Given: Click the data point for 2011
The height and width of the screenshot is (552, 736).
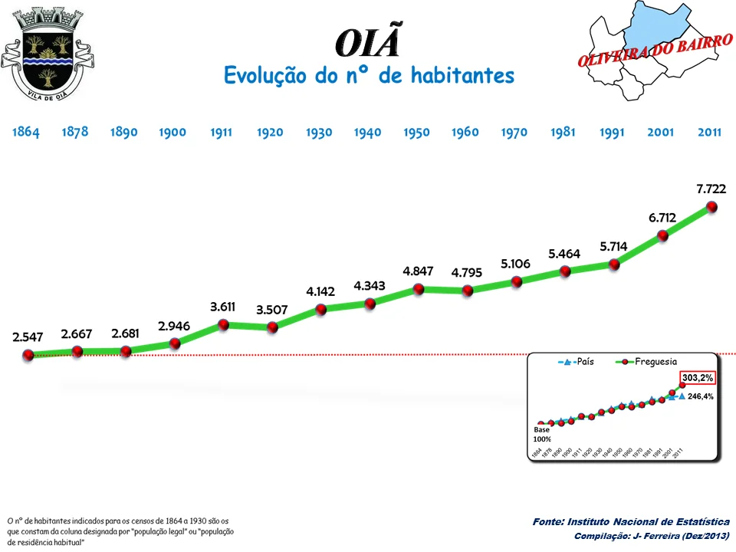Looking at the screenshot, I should (x=711, y=206).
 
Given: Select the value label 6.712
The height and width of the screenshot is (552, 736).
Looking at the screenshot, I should (x=662, y=218).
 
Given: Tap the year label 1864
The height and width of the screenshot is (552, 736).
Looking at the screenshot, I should (x=25, y=132).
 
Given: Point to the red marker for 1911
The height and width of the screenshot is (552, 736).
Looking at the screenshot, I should (x=223, y=324).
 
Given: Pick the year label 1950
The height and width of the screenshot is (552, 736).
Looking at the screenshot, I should (x=416, y=132).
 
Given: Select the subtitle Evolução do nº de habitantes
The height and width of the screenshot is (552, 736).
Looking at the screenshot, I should (x=369, y=76).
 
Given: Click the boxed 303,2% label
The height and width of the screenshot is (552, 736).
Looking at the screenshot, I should (x=698, y=377).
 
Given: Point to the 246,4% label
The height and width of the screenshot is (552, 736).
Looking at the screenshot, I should (x=701, y=396).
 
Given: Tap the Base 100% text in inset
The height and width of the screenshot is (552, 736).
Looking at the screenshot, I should (x=542, y=434).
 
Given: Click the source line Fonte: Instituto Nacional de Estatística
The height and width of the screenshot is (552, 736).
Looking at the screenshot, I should (x=630, y=521).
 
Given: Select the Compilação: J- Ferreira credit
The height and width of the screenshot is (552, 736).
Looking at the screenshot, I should (x=651, y=535).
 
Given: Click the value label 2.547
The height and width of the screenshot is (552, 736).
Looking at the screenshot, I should (x=28, y=337).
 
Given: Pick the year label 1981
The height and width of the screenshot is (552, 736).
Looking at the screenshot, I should (x=563, y=132).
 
